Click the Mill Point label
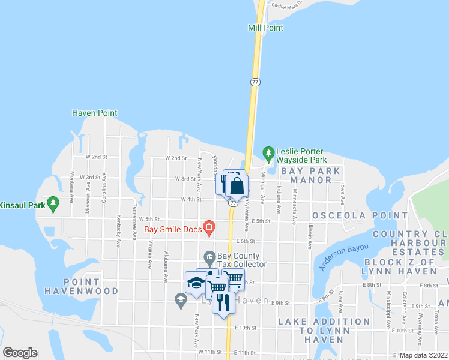point(265,28)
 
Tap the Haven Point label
point(94,113)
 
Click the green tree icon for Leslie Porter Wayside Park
point(268,152)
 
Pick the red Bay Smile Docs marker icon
point(209,226)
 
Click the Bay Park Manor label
point(315,175)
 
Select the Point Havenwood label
point(81,286)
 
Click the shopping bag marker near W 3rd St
point(237,186)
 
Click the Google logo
point(20,353)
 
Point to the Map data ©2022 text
point(423,355)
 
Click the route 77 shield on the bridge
point(255,82)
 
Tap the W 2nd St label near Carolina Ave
point(96,156)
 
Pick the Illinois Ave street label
point(310,235)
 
